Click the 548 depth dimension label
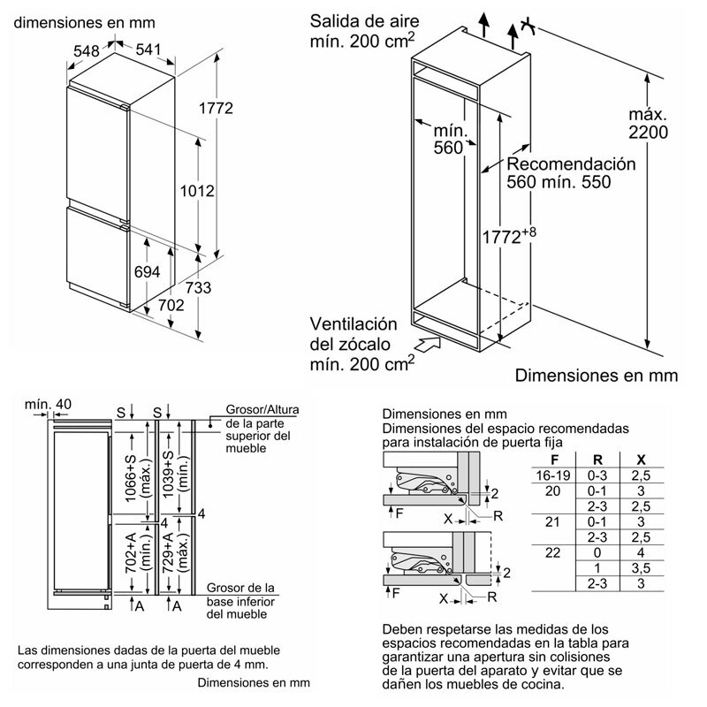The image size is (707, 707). point(86,52)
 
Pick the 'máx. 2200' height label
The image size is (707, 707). point(648,124)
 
